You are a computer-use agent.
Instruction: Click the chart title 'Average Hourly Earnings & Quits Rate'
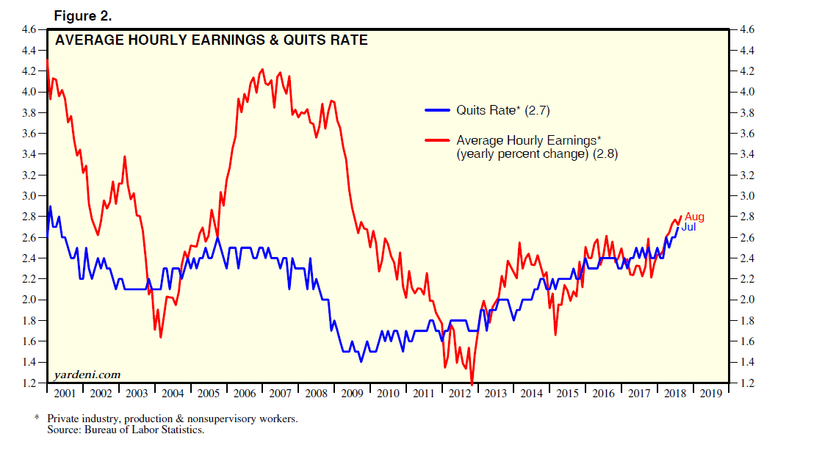212,40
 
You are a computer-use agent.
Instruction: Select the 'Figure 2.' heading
82,15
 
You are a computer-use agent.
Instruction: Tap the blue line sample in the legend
438,111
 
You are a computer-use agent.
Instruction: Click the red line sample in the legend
438,140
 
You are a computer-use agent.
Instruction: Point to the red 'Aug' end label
694,217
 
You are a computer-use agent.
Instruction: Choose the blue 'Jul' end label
688,227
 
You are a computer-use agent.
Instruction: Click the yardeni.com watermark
87,375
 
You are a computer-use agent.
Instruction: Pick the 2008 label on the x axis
316,394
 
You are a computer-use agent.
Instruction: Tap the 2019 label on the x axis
710,394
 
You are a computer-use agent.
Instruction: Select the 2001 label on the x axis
65,394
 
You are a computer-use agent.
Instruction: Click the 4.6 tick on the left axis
29,29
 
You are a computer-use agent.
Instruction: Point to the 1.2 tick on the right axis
747,383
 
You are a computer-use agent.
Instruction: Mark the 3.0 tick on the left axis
29,196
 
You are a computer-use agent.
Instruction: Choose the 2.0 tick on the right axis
747,300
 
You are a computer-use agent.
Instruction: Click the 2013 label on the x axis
494,394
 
